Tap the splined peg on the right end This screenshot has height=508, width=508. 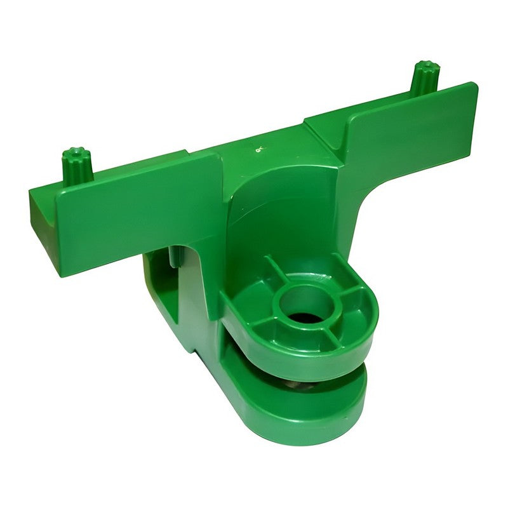tap(422, 77)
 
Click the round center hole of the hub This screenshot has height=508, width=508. tap(306, 303)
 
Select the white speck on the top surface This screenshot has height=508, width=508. tap(258, 150)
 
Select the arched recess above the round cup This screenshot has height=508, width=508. tap(279, 216)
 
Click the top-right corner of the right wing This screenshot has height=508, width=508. tap(473, 85)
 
